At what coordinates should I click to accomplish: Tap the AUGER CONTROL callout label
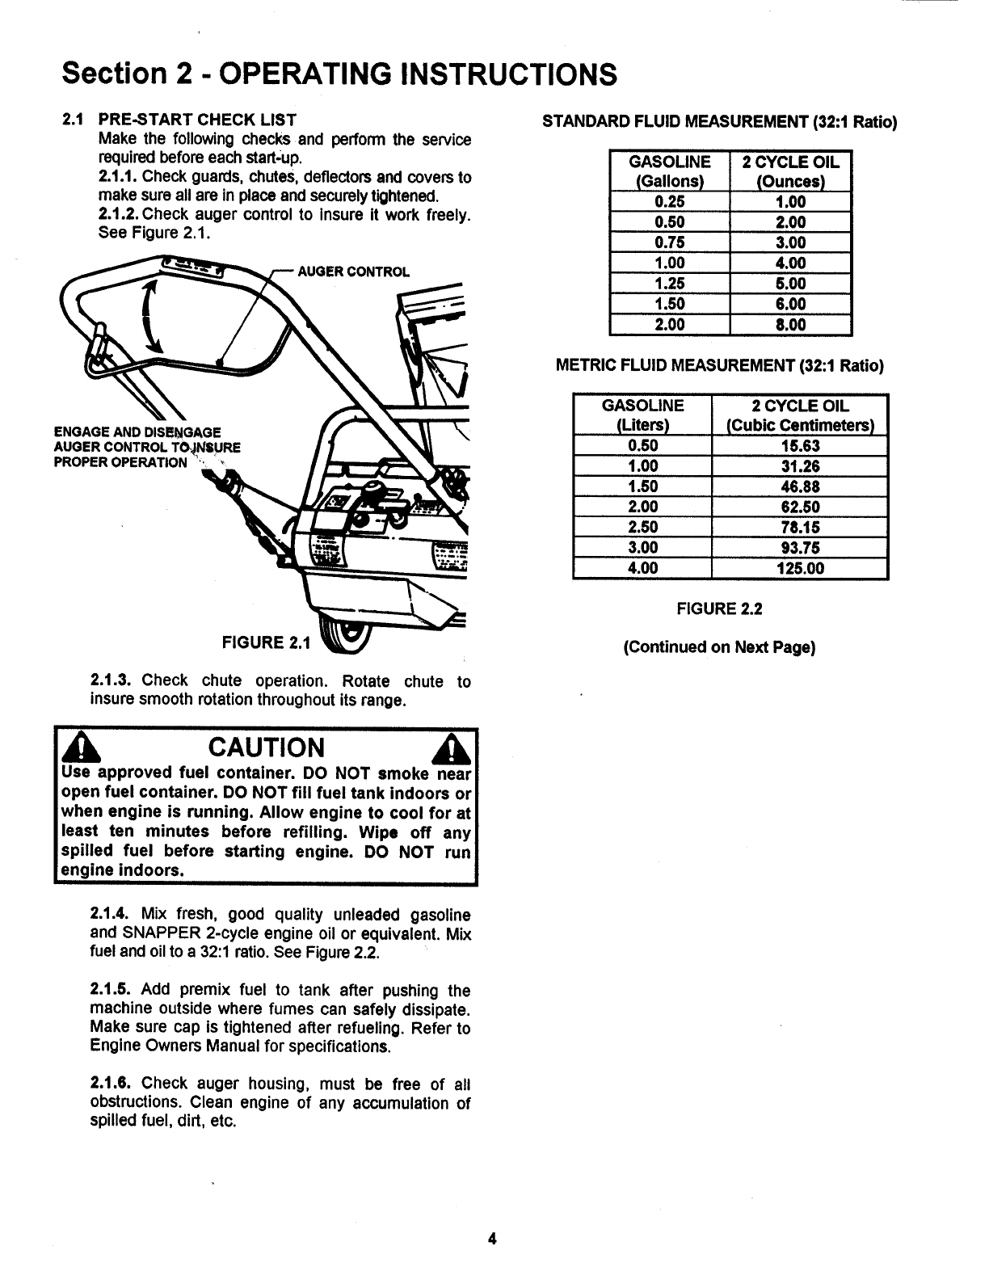[353, 272]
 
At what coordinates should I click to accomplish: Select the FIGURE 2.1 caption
[266, 643]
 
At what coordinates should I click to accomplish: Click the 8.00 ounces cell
[790, 325]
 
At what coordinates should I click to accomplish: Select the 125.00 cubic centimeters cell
[799, 568]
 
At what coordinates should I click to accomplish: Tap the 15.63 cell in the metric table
[799, 446]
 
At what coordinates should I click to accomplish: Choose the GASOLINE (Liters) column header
[643, 415]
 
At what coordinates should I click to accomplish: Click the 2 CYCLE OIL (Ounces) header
[790, 171]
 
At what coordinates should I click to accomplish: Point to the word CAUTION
[266, 747]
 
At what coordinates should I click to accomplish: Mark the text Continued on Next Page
[719, 647]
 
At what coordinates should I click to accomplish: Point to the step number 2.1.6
[112, 1083]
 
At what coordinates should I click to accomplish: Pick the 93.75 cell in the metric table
[799, 548]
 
